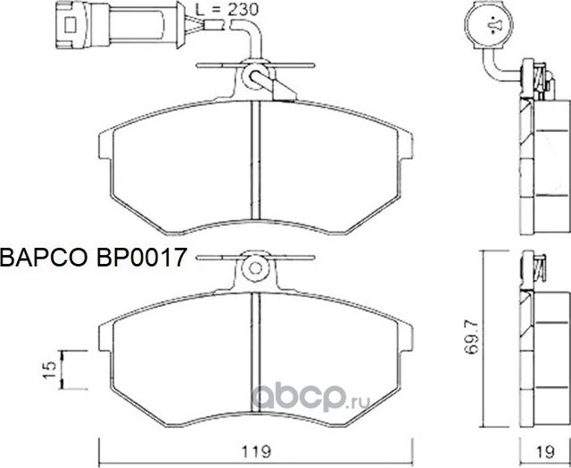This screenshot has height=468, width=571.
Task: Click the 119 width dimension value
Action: click(258, 451)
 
